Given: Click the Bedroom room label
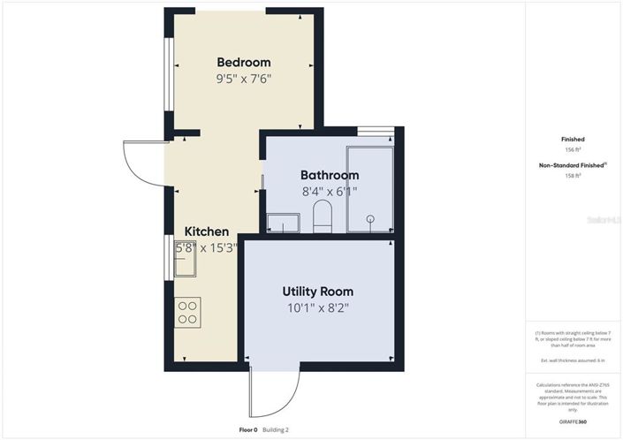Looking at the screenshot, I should (244, 63).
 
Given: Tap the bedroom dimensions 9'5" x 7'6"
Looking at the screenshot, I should (244, 79).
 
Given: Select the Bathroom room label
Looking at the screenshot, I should (330, 175).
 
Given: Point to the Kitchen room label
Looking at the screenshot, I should (207, 232).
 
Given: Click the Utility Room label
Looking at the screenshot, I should (317, 292).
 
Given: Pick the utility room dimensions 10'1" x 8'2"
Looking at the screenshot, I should (317, 308).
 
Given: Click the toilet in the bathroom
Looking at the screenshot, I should (322, 216).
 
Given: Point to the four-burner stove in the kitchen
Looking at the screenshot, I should (187, 313).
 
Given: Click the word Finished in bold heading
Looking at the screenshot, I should (573, 140).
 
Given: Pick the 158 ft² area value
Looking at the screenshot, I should (573, 176).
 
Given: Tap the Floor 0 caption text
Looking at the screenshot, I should (248, 430).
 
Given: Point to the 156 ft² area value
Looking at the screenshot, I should (573, 150).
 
